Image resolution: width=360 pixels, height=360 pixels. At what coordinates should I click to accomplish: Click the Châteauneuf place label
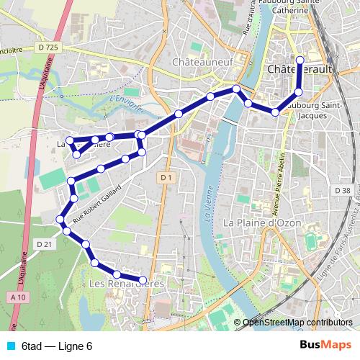click(203, 62)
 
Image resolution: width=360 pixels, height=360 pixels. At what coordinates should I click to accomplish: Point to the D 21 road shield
click(45, 244)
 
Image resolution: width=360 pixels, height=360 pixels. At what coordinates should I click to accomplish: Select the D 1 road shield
click(167, 176)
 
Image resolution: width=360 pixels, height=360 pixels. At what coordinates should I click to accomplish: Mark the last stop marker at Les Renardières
click(143, 279)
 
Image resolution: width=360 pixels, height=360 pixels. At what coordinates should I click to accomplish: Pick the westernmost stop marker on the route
click(60, 220)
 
